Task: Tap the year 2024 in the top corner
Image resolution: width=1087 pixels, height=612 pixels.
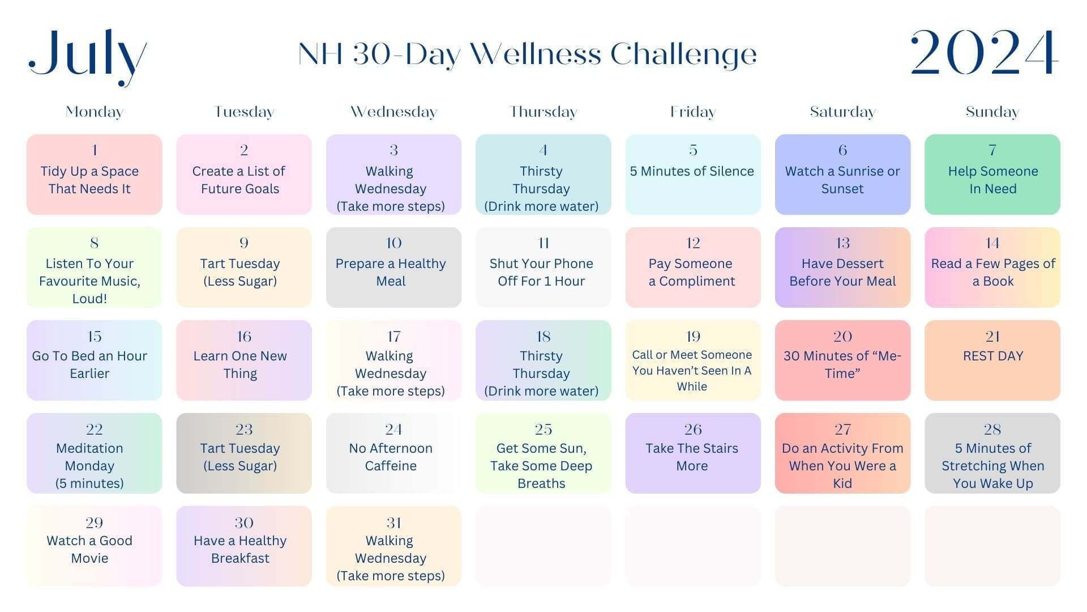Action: (984, 53)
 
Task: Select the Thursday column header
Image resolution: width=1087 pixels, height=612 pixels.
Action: (543, 112)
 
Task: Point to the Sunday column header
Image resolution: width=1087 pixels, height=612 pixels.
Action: (992, 112)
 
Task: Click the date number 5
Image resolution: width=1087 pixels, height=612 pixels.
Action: (693, 150)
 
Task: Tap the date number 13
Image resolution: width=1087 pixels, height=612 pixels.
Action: (842, 243)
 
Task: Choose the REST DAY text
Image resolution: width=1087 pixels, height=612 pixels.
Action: (993, 356)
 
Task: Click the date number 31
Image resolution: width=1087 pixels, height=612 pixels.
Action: (393, 522)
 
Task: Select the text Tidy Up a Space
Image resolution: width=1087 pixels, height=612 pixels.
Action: (89, 171)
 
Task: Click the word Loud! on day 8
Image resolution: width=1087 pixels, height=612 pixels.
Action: (89, 299)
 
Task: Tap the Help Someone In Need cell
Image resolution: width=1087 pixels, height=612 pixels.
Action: (992, 175)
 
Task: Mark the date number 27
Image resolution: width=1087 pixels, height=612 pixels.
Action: (842, 430)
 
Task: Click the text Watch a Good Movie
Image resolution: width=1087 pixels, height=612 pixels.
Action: (89, 550)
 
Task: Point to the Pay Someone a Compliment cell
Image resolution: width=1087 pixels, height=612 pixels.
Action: (693, 267)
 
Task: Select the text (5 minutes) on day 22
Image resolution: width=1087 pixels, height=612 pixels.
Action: (89, 483)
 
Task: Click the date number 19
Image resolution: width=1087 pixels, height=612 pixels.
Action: (693, 337)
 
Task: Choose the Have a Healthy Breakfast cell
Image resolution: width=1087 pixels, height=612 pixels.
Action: (244, 546)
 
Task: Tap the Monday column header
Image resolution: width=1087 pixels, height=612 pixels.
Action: (95, 112)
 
